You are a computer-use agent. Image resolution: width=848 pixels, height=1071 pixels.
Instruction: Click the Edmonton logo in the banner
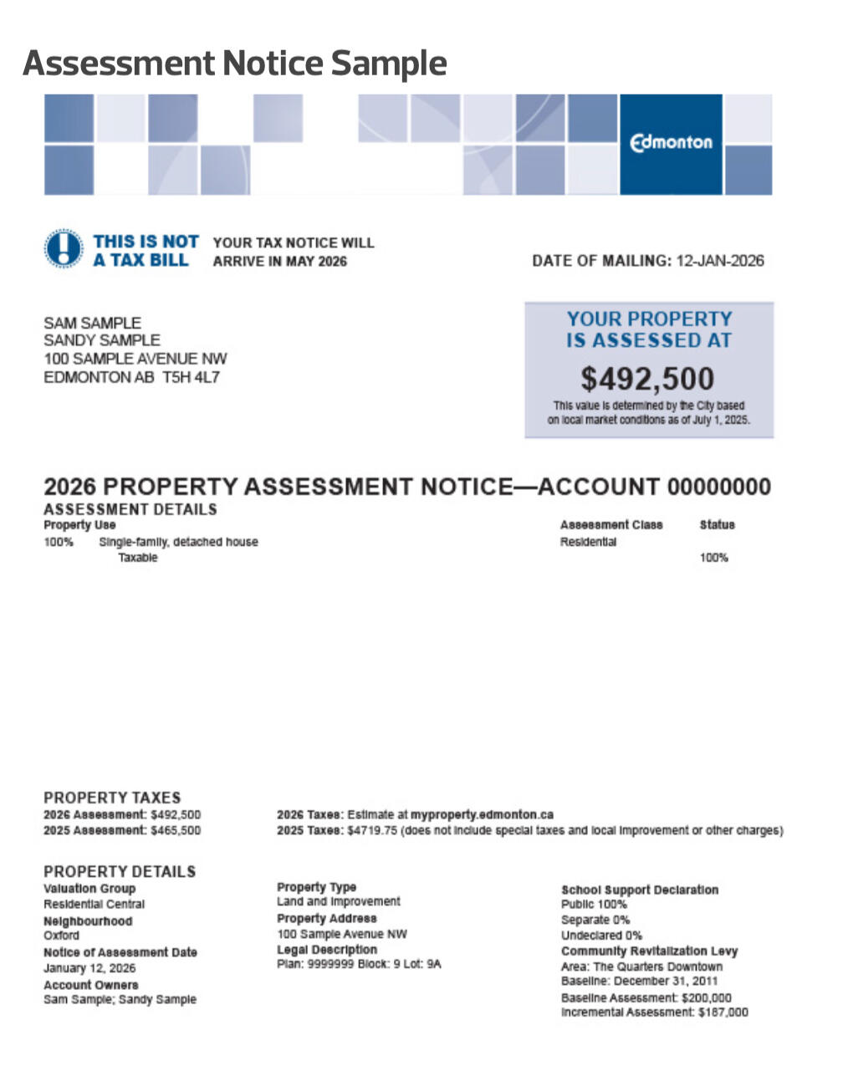click(x=671, y=143)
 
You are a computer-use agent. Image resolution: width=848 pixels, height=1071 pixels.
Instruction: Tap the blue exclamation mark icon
click(x=63, y=249)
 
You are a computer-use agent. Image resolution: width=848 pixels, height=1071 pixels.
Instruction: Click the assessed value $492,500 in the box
click(x=648, y=379)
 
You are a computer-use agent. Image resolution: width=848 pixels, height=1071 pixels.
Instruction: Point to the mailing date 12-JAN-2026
click(x=720, y=261)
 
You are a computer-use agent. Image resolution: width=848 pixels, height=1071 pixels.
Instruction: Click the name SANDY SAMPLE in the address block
click(x=101, y=340)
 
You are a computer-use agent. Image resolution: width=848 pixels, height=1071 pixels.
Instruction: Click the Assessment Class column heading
click(x=610, y=525)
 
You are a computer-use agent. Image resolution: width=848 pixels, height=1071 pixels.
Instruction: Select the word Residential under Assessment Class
click(x=588, y=542)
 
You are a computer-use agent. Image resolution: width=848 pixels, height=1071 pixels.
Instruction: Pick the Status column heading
click(x=717, y=525)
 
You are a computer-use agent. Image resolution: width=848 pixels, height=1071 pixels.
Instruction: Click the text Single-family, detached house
click(x=178, y=542)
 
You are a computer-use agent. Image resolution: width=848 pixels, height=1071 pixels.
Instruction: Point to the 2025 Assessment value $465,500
click(x=176, y=830)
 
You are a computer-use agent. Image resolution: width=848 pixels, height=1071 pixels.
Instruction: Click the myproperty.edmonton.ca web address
click(x=482, y=814)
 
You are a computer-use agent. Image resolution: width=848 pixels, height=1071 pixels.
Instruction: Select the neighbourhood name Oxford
click(x=61, y=936)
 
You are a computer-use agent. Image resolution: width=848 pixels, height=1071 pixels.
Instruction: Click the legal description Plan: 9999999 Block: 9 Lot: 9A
click(x=359, y=964)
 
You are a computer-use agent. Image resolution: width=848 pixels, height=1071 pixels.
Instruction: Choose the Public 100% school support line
click(x=594, y=905)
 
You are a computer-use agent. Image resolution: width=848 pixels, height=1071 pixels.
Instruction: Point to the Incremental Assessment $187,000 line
click(x=654, y=1012)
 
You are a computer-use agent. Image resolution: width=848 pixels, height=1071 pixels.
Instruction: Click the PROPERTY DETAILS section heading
click(x=120, y=871)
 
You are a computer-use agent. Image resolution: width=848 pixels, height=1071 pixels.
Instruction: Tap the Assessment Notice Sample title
click(x=235, y=63)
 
